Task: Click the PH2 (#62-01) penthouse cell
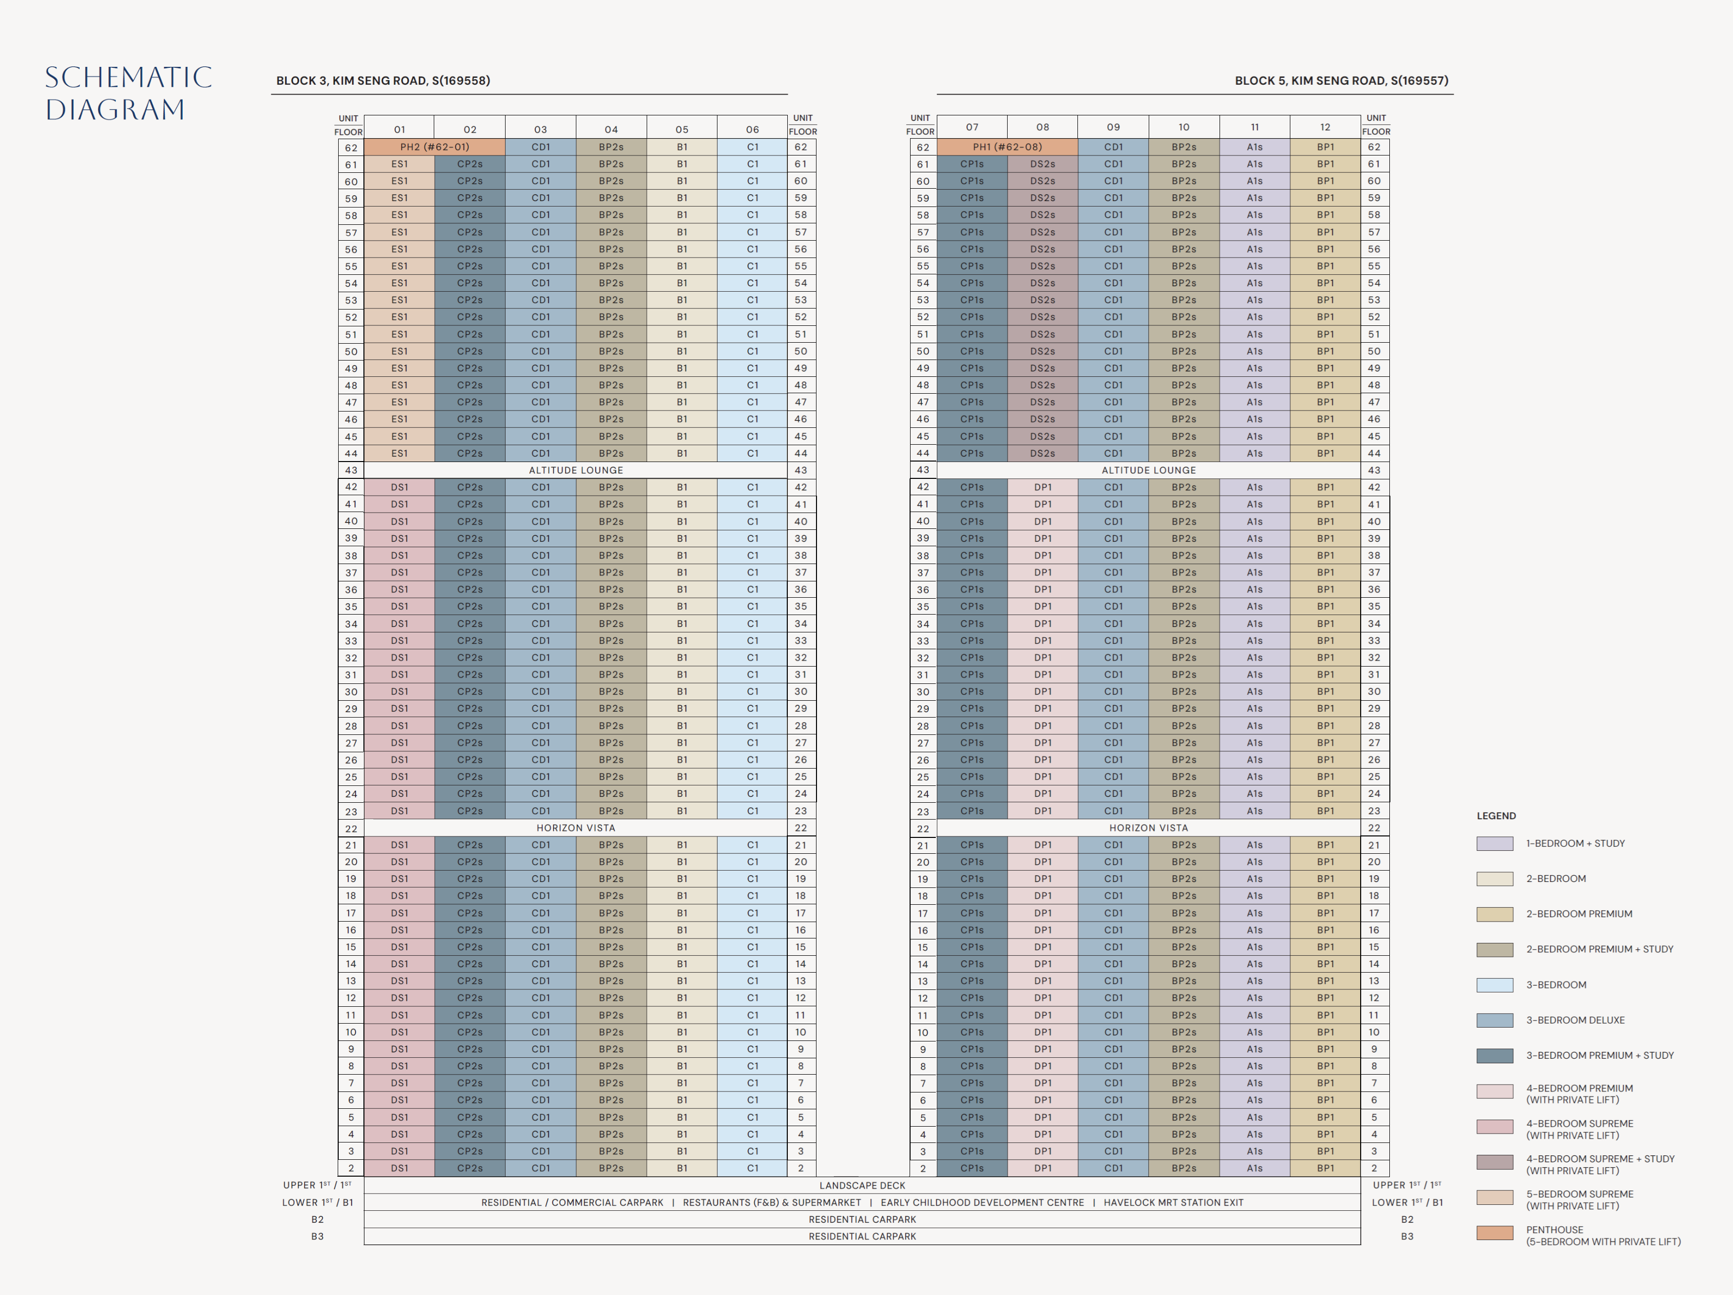click(x=434, y=147)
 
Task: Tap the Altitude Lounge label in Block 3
click(x=576, y=470)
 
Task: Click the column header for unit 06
click(x=752, y=129)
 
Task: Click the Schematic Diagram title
click(x=128, y=93)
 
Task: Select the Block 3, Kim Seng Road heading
click(x=383, y=81)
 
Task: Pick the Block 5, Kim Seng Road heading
click(x=1341, y=81)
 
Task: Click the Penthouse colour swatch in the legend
click(x=1494, y=1232)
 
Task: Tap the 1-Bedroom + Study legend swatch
click(x=1494, y=844)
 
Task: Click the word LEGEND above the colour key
click(x=1496, y=816)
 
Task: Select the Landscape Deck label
click(x=862, y=1186)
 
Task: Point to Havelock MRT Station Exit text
click(x=1173, y=1202)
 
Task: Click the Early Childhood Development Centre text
click(x=982, y=1202)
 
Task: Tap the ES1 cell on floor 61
click(x=400, y=164)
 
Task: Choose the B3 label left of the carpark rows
click(x=317, y=1236)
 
